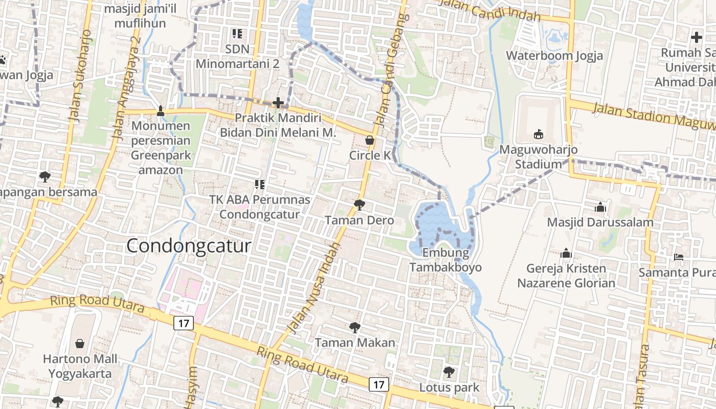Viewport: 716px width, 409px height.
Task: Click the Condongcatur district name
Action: (x=189, y=246)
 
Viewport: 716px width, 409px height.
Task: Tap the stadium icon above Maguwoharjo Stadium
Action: (x=538, y=134)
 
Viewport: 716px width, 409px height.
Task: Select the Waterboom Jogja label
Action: (x=554, y=56)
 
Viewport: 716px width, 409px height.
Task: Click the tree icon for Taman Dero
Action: (x=360, y=205)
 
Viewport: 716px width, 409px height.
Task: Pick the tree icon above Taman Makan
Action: (x=354, y=327)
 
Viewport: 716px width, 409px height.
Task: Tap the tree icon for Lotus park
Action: (x=449, y=372)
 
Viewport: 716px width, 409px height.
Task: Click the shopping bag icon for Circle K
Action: (x=369, y=140)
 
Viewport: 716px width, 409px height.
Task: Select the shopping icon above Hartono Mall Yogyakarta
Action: (x=80, y=343)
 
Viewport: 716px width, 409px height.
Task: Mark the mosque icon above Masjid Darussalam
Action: (x=600, y=207)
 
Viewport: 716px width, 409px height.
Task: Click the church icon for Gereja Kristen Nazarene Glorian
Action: (x=566, y=253)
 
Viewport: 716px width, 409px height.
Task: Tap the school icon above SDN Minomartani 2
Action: (x=237, y=34)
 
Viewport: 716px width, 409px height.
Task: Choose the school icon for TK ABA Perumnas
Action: (x=259, y=184)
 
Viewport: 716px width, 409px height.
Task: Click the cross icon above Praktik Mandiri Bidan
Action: (x=278, y=103)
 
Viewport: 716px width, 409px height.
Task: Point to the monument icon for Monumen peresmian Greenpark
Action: (x=161, y=110)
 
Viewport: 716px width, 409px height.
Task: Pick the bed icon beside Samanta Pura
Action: (x=678, y=257)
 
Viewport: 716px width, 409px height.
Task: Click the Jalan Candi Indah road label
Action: (x=489, y=10)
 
